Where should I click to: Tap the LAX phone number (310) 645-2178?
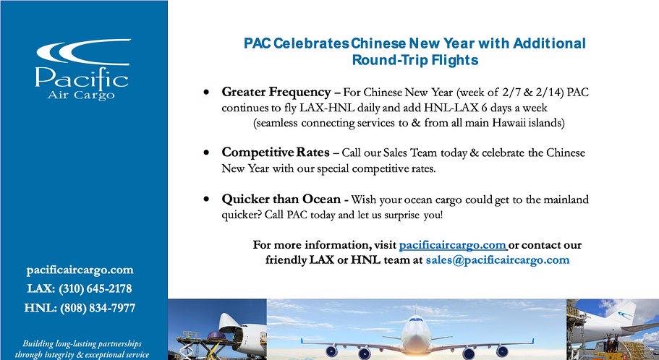coord(95,289)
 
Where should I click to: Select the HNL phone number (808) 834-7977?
coord(98,309)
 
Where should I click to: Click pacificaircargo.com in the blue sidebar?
coord(80,270)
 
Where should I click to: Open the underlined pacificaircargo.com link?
coord(453,245)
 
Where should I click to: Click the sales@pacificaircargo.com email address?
coord(498,260)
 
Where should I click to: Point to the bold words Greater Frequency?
coord(276,92)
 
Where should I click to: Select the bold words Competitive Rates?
coord(276,153)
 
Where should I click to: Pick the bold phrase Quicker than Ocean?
coord(281,199)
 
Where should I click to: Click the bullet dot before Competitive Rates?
coord(206,153)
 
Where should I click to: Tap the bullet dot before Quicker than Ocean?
coord(206,199)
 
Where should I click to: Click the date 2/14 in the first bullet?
coord(549,93)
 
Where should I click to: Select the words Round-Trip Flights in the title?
coord(415,60)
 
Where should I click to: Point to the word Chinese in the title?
coord(378,43)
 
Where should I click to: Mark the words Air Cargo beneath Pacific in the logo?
coord(81,95)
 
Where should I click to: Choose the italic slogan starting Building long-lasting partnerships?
coord(82,349)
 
